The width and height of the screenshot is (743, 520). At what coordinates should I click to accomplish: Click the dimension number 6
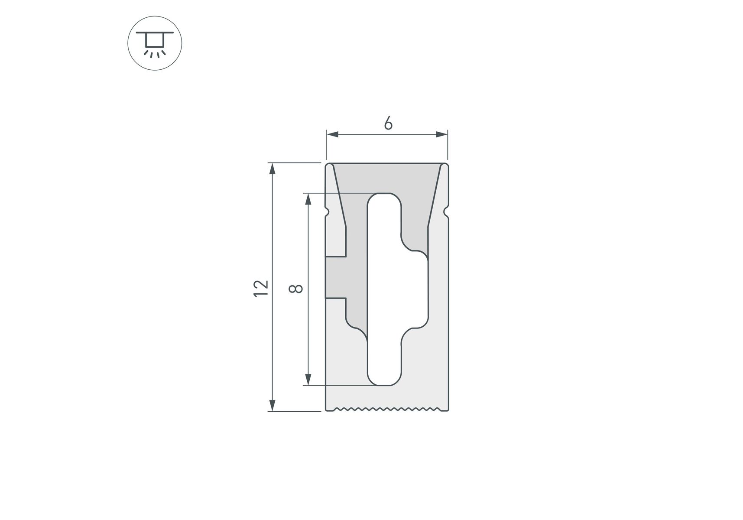pos(388,123)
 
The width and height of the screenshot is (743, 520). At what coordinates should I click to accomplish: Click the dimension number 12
pos(261,288)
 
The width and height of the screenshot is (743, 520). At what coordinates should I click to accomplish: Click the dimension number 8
pos(296,289)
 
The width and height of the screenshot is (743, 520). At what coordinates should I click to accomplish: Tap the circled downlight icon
pos(155,43)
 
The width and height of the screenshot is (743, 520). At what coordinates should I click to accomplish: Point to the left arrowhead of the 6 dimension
pos(332,134)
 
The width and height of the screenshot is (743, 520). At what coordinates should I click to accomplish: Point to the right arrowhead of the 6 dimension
pos(441,134)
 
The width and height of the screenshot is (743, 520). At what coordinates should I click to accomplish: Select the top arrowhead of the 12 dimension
pos(272,169)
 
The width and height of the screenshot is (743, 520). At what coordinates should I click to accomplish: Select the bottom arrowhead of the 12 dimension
pos(272,405)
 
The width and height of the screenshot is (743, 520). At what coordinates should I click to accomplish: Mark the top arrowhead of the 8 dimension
pos(308,199)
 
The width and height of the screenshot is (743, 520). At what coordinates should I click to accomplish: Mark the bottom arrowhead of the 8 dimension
pos(308,380)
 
